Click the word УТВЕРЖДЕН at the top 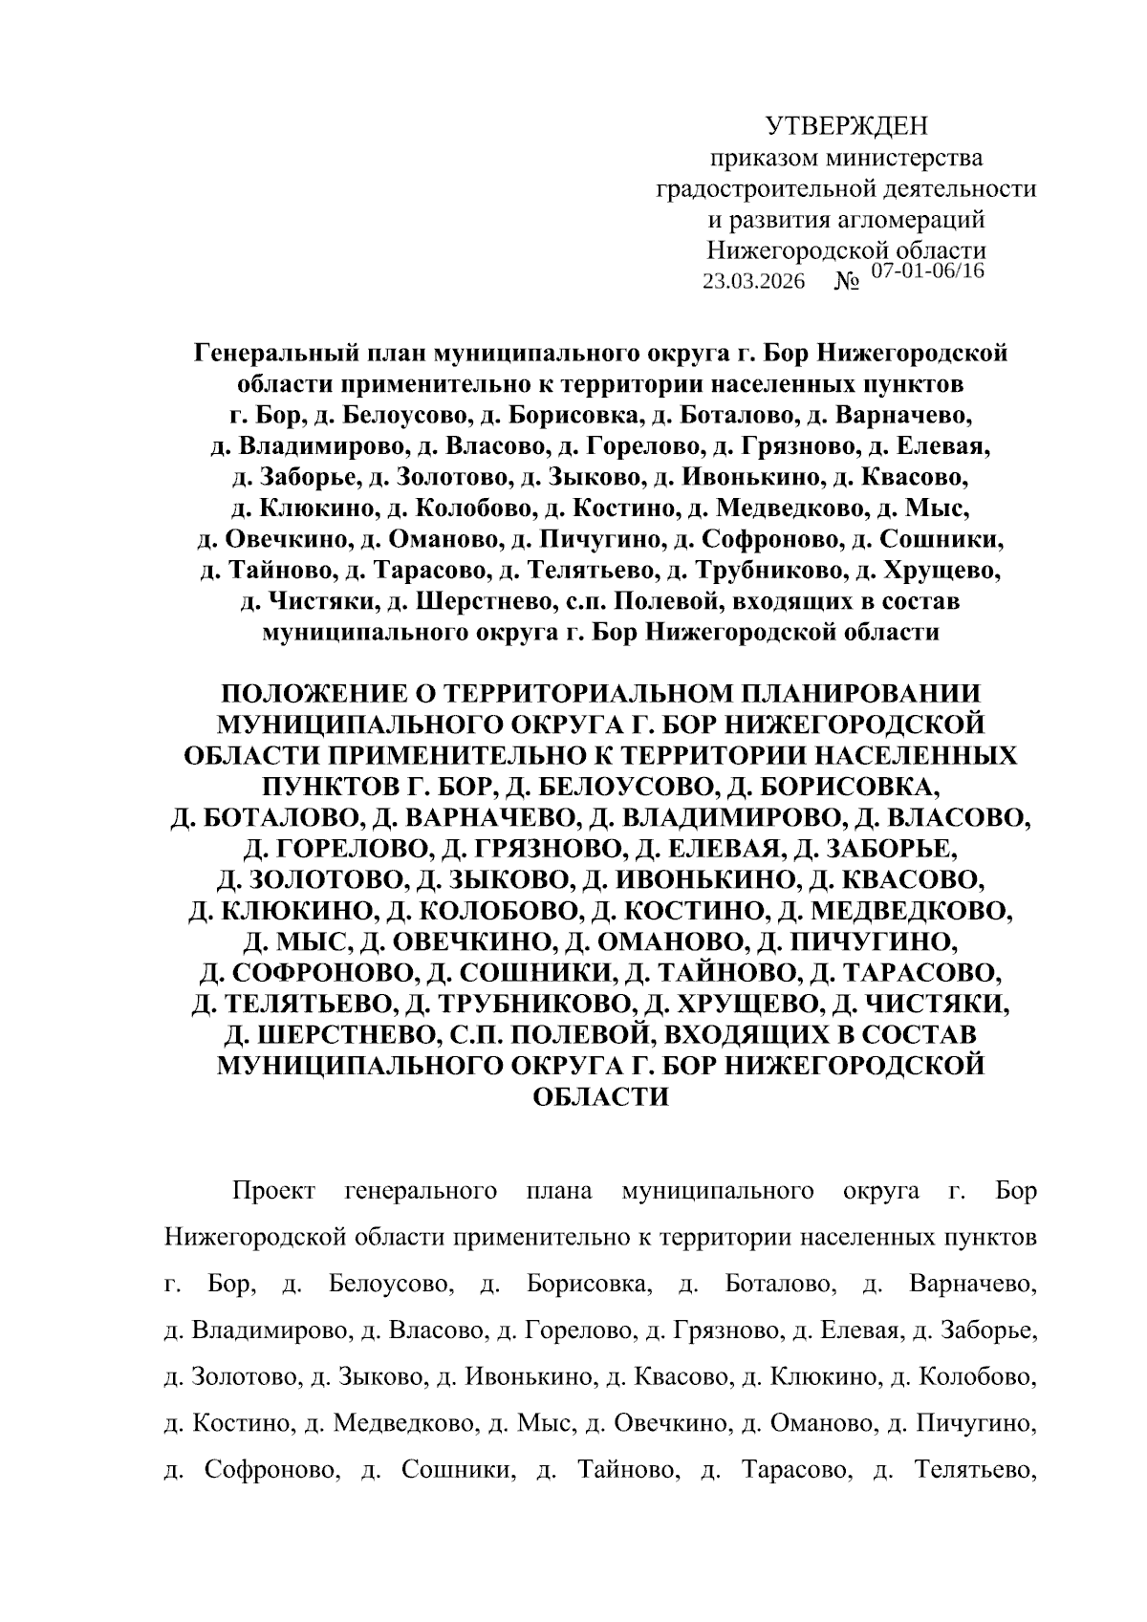click(847, 125)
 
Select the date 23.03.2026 click(753, 282)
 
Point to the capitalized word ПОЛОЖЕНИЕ click(310, 693)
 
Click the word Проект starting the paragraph click(274, 1191)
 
